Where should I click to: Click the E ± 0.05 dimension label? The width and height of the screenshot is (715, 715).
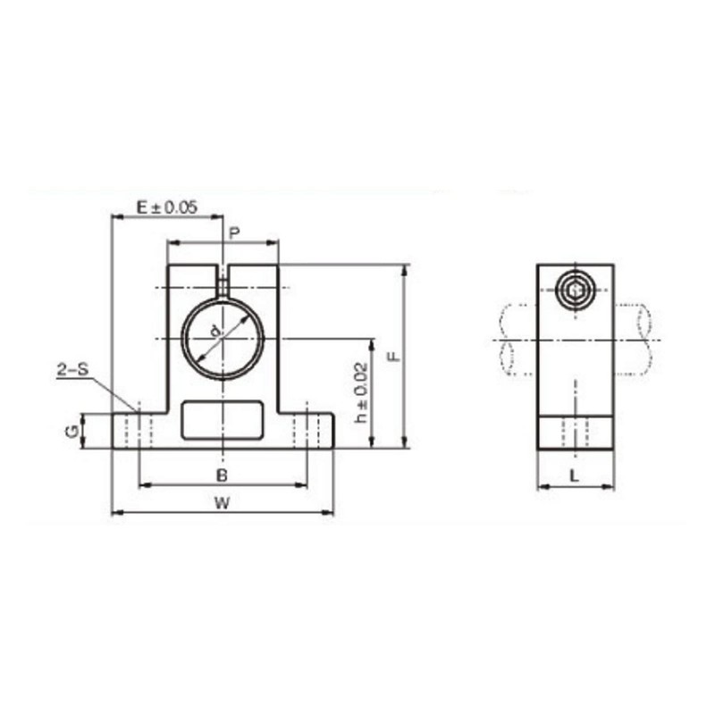click(x=166, y=206)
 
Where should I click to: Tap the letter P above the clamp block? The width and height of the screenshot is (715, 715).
click(x=234, y=233)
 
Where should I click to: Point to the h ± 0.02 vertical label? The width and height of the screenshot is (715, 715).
click(x=360, y=392)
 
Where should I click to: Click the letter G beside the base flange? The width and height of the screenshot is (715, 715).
click(x=70, y=431)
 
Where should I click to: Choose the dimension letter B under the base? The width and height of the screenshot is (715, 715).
click(x=222, y=473)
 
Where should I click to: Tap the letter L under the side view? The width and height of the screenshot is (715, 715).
click(x=575, y=476)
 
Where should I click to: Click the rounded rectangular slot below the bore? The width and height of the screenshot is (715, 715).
click(x=223, y=421)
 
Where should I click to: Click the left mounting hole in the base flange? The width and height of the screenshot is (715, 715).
click(x=139, y=429)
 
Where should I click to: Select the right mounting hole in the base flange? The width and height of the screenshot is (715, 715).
click(x=307, y=429)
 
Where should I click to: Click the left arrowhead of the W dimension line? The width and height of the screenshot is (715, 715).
click(x=117, y=513)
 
